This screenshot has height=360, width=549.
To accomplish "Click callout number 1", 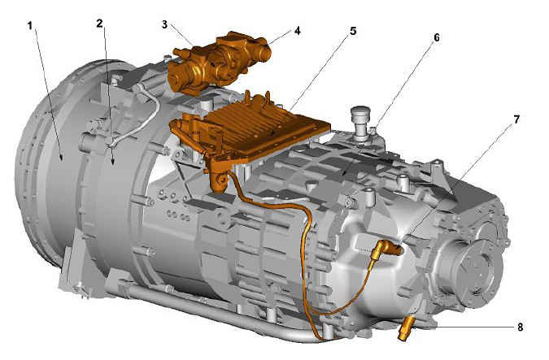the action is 30,26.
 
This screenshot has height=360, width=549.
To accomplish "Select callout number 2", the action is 100,24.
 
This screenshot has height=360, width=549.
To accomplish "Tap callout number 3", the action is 164,25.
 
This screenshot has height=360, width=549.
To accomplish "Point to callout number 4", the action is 297,31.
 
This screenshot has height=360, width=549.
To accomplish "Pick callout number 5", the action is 353,31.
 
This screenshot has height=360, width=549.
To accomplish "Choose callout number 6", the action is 436,37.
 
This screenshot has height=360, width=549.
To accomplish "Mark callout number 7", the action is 516,119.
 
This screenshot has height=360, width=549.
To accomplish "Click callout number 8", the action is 520,327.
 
